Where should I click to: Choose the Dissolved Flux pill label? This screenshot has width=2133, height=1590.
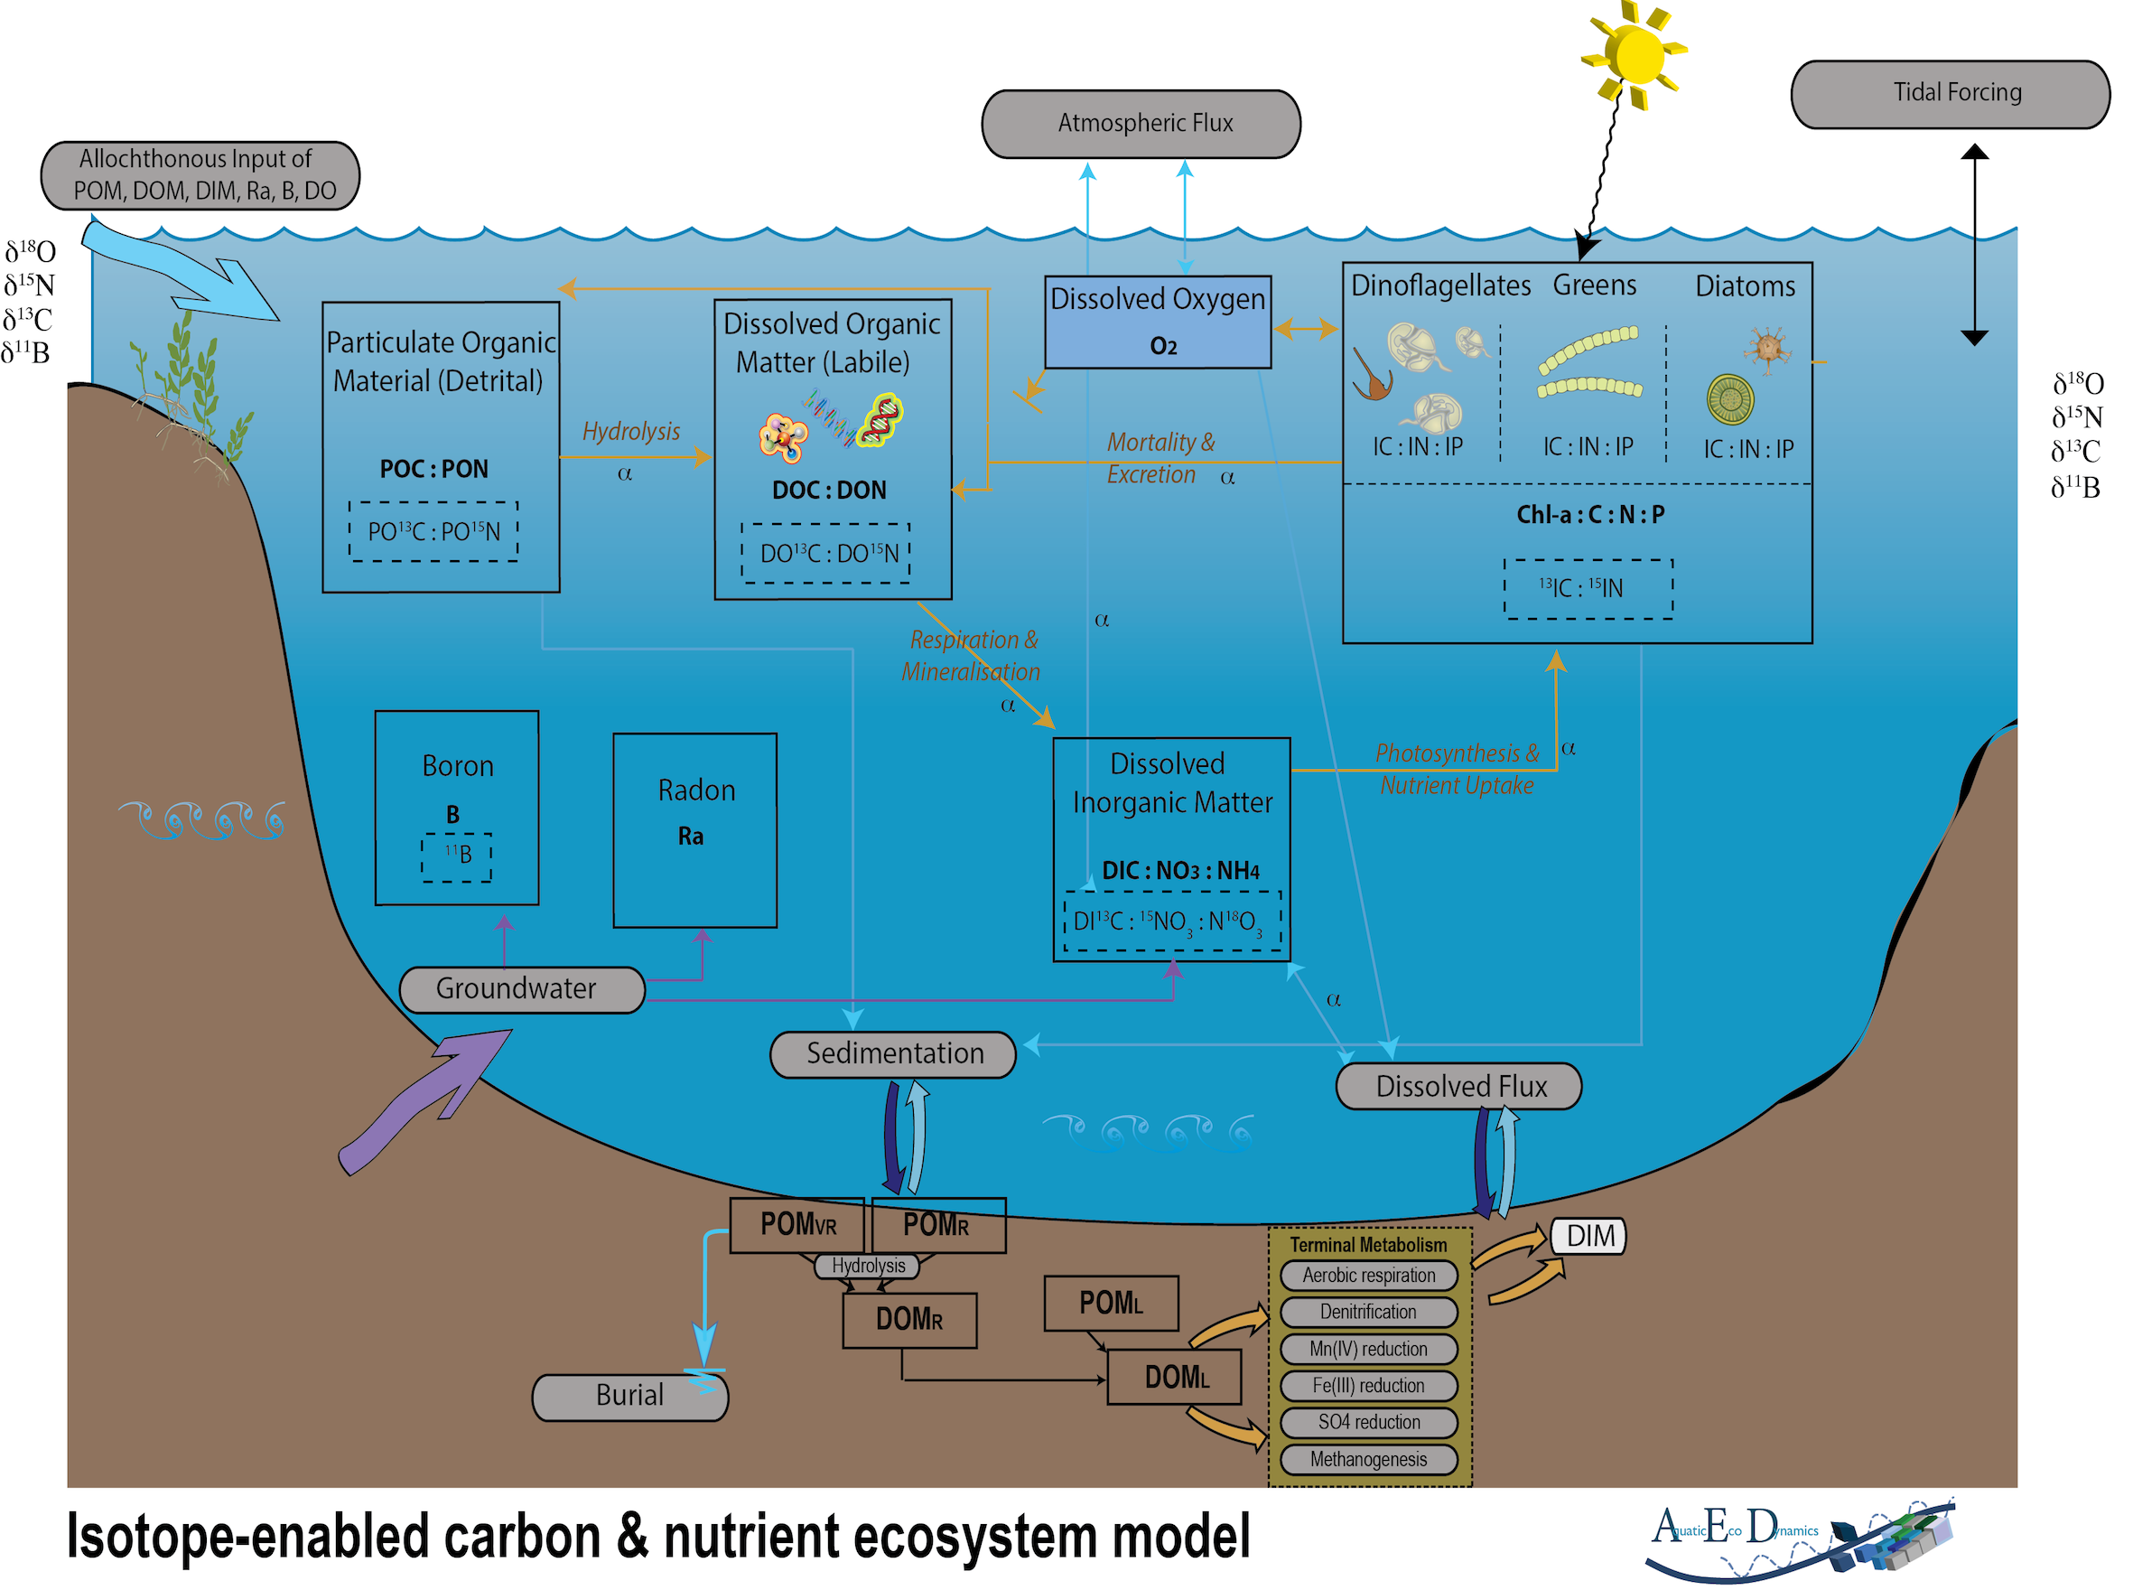click(x=1458, y=1087)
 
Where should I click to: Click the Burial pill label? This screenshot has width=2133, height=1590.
click(x=629, y=1396)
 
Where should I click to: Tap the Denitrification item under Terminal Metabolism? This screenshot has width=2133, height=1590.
click(x=1367, y=1312)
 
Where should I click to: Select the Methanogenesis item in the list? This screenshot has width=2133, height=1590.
click(x=1367, y=1459)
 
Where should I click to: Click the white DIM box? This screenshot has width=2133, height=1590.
click(x=1588, y=1237)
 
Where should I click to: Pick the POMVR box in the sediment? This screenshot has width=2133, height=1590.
click(x=796, y=1225)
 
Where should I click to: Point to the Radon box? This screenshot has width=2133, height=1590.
click(x=694, y=829)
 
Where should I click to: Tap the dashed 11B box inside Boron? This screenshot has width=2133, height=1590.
click(x=456, y=856)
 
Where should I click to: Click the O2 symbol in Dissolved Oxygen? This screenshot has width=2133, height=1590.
click(x=1162, y=347)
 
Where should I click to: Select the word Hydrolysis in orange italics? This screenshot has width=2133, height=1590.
click(x=630, y=431)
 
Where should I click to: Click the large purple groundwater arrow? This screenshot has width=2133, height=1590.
click(x=424, y=1102)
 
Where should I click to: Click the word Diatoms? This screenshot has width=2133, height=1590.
click(x=1744, y=285)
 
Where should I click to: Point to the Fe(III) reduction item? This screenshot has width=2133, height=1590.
click(x=1367, y=1386)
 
